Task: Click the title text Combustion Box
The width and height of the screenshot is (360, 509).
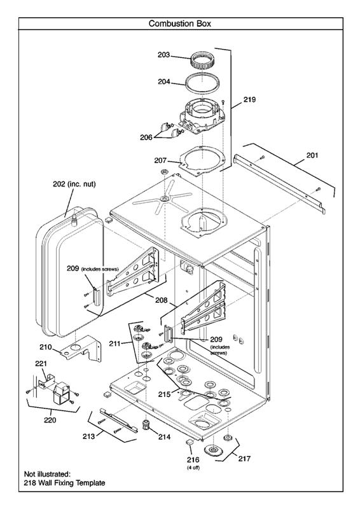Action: click(x=180, y=24)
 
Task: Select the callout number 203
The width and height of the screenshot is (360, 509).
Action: click(x=164, y=55)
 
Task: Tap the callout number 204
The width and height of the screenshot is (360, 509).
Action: click(x=164, y=81)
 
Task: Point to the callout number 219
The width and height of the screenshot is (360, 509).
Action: click(x=249, y=100)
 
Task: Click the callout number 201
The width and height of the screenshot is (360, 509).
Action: click(x=313, y=155)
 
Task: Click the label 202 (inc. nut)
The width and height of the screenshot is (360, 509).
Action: click(x=74, y=184)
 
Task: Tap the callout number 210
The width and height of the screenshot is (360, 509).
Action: click(x=45, y=347)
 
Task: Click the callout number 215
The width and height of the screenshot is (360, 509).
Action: click(x=165, y=394)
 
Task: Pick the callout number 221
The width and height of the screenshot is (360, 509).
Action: click(x=41, y=363)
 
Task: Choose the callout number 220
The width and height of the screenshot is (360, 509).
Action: click(x=49, y=420)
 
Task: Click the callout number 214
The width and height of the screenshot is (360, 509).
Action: click(x=165, y=437)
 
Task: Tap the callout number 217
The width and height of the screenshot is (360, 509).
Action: click(x=244, y=457)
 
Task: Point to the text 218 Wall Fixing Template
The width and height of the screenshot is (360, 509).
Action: click(x=65, y=483)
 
